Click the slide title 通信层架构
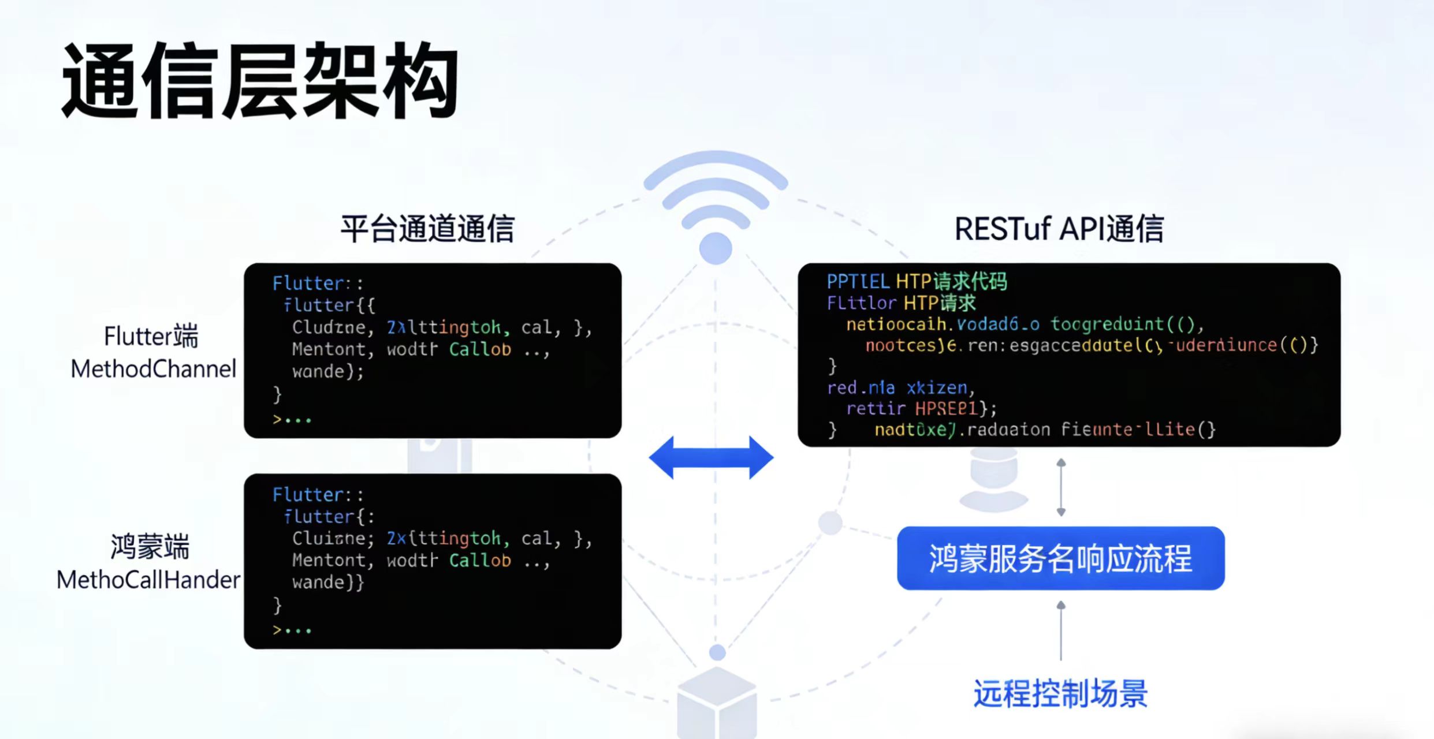coord(260,81)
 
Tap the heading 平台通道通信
coord(427,229)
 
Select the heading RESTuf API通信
coord(1059,229)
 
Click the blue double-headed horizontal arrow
coord(711,457)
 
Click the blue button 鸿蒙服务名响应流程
coord(1060,558)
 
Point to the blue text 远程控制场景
coord(1060,693)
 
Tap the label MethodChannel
coord(154,369)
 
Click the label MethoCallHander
coord(148,580)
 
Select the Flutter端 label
coord(151,336)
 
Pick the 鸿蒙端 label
coord(150,546)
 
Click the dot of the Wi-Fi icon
coord(716,249)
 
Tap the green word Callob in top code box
coord(480,349)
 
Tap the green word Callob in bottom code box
coord(480,560)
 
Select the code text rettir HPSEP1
coord(921,409)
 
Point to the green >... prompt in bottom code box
coord(292,630)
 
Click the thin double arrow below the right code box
coord(1061,487)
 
